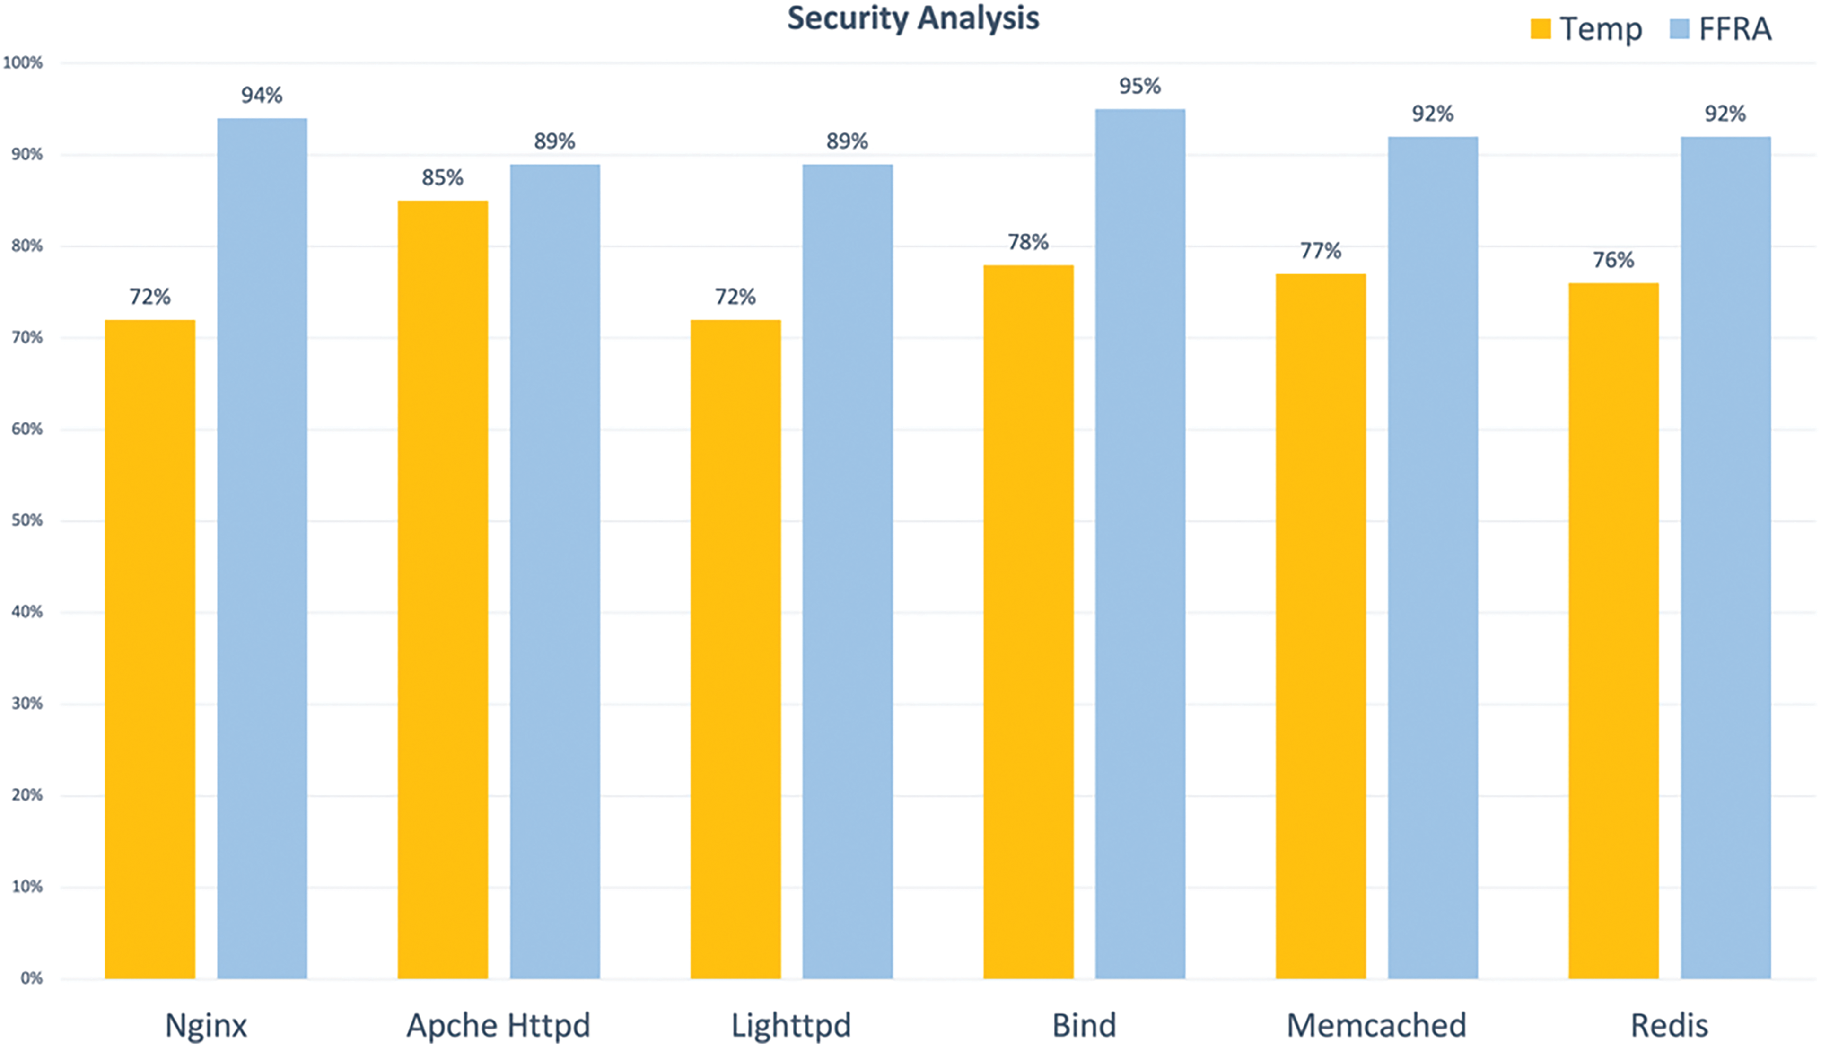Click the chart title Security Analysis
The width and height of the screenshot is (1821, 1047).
pyautogui.click(x=913, y=18)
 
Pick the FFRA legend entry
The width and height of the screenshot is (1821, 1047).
pyautogui.click(x=1720, y=29)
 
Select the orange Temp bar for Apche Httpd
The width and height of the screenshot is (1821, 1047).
pyautogui.click(x=443, y=589)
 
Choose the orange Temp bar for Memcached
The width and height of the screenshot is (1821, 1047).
pyautogui.click(x=1321, y=625)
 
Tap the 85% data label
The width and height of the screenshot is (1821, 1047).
pyautogui.click(x=443, y=177)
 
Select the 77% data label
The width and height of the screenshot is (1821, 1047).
pyautogui.click(x=1321, y=251)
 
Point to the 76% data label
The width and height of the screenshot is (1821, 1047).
pyautogui.click(x=1613, y=260)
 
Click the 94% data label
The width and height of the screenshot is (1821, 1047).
pyautogui.click(x=263, y=96)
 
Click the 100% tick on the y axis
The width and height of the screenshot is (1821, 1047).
pyautogui.click(x=23, y=63)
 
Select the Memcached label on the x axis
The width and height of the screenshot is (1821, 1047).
pyautogui.click(x=1376, y=1025)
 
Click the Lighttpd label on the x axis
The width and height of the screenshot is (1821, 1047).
pyautogui.click(x=791, y=1025)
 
